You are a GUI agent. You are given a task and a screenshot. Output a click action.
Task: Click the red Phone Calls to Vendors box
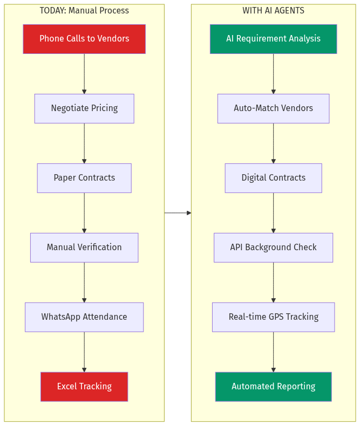pos(84,39)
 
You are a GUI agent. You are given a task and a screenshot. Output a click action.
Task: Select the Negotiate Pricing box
pos(84,108)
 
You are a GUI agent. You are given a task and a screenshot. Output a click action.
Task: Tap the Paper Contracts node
pos(84,178)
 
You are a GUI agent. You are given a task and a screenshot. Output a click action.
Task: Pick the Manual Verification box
pos(84,248)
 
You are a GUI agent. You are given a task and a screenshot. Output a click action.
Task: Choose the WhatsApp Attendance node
pos(84,317)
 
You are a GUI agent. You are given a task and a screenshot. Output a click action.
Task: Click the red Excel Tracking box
pos(84,387)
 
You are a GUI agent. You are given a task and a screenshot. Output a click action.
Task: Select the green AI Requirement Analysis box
pos(273,39)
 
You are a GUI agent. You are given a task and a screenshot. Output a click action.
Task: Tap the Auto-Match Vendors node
pos(273,108)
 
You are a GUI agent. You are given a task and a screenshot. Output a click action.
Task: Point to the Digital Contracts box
pos(273,178)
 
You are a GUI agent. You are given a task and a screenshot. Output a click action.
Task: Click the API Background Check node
pos(273,248)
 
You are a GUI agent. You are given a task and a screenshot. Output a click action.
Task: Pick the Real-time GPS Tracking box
pos(273,317)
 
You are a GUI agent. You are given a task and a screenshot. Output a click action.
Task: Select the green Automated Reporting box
pos(273,387)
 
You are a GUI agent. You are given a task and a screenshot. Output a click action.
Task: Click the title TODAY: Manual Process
pos(84,11)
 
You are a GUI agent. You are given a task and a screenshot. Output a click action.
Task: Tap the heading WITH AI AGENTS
pos(273,11)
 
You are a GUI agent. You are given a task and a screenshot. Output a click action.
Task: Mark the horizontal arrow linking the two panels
pos(178,213)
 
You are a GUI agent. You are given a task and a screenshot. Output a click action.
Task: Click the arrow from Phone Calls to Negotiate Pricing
pos(84,74)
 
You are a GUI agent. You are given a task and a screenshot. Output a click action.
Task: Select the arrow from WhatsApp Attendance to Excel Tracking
pos(84,352)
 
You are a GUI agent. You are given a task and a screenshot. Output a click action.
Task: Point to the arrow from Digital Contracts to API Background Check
pos(273,212)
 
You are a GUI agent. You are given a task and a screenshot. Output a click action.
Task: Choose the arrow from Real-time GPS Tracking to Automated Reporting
pos(273,352)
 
